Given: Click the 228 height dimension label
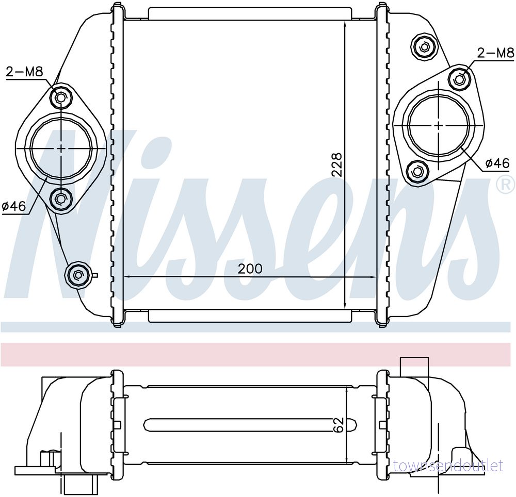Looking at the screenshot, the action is (x=337, y=165).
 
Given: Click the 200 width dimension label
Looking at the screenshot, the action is (x=250, y=269).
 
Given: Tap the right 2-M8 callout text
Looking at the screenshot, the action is (x=495, y=53).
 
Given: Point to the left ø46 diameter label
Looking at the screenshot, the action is (x=14, y=206).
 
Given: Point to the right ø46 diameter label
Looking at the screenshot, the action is (x=497, y=163).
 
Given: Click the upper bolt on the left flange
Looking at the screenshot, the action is (x=60, y=89).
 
